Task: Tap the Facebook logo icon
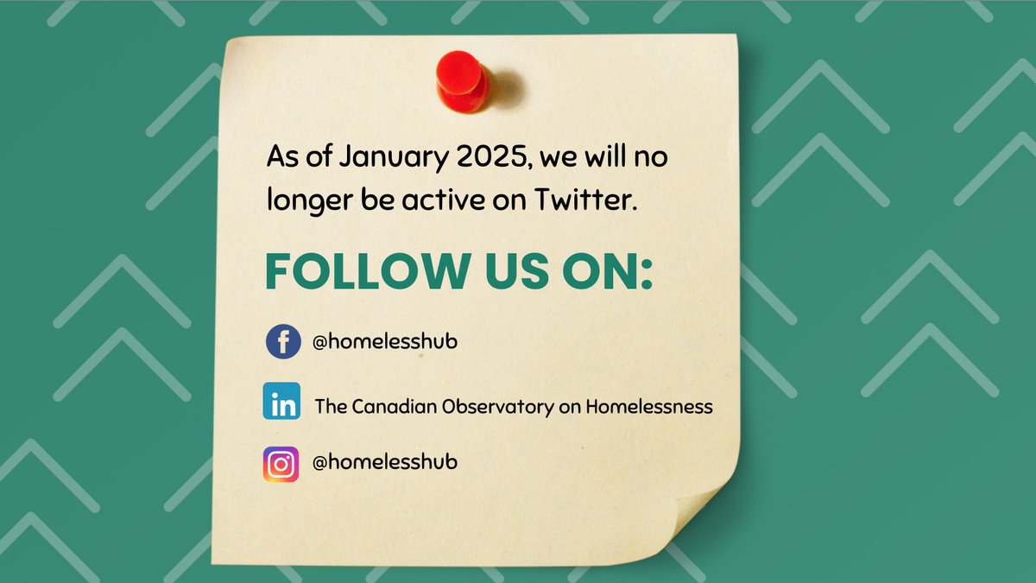pos(282,342)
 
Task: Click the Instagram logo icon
pos(281,464)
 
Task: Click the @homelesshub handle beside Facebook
pos(384,342)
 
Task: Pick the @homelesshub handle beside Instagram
pos(384,462)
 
